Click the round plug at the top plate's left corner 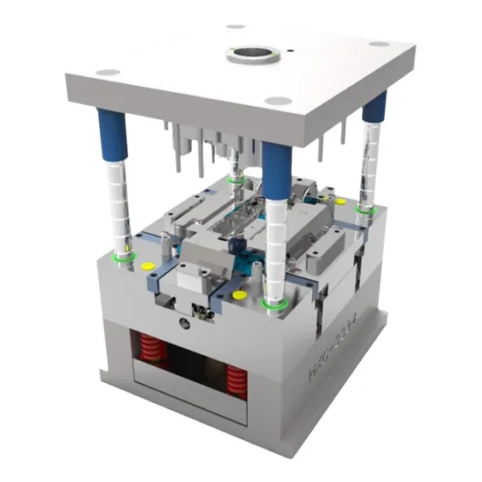point(107,72)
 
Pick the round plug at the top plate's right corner point(378,44)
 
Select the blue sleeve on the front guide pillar point(276,167)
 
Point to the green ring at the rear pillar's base point(235,179)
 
